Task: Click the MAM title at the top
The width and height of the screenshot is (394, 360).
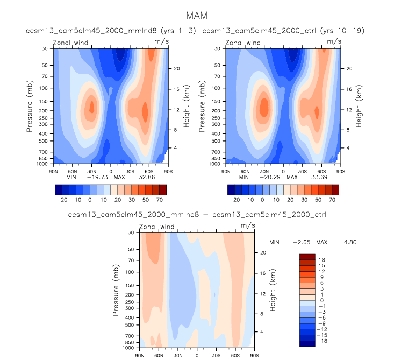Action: coord(196,16)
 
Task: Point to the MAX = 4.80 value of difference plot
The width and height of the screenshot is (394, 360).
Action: coord(339,242)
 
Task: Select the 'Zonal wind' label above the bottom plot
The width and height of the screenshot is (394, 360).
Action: coord(156,227)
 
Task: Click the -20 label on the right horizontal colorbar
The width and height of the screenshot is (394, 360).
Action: coord(234,199)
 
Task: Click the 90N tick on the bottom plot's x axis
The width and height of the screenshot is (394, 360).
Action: coord(139,356)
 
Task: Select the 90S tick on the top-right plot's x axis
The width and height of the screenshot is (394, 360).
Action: coord(339,171)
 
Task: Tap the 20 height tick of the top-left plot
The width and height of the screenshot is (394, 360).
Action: coord(175,68)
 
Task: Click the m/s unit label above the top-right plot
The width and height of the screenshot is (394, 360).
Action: coord(334,41)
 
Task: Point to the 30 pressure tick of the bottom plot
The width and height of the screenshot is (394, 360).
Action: coord(130,232)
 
